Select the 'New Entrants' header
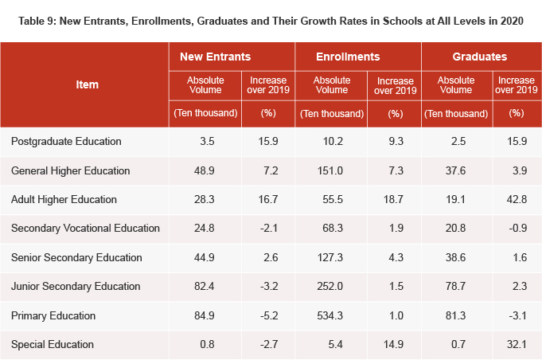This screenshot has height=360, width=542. (216, 57)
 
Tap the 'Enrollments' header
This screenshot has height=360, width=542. (348, 57)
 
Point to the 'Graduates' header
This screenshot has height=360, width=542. (479, 57)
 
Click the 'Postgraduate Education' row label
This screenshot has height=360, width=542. (66, 142)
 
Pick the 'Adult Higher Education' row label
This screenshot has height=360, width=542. (64, 199)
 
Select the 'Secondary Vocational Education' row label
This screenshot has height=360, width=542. (85, 229)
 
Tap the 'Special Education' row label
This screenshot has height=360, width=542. (53, 344)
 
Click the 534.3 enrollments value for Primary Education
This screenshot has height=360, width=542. (329, 315)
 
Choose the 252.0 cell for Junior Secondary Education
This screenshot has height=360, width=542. (329, 287)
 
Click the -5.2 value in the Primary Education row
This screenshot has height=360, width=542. (269, 315)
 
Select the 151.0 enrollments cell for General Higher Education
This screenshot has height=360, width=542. (329, 170)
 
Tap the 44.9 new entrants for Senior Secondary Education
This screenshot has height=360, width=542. (205, 257)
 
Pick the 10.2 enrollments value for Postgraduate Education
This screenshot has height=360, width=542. (329, 142)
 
